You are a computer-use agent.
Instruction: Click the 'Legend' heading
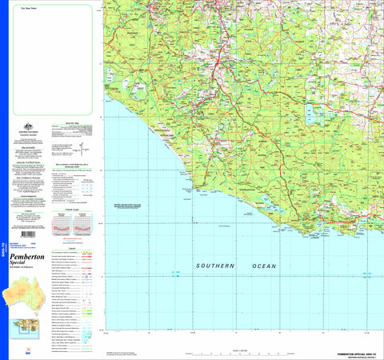tap(74, 248)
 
